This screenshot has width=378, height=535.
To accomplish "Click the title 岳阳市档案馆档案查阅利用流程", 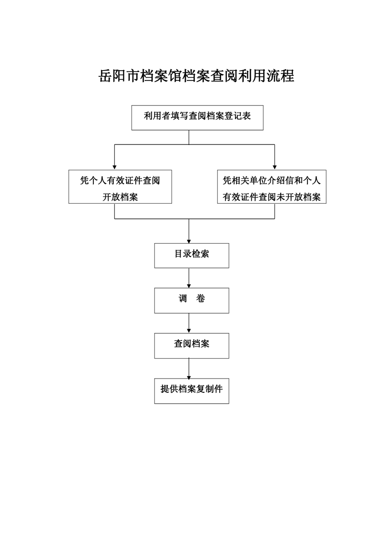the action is point(196,76).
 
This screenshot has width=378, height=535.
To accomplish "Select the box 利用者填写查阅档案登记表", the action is point(197,118).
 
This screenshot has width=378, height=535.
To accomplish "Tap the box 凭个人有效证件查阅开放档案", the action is point(120,186).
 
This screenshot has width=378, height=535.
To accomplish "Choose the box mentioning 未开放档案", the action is point(272,186).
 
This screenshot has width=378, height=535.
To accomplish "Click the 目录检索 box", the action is point(192,256).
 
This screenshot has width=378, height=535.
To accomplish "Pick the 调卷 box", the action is point(192,300).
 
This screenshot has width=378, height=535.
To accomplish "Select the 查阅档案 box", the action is point(192,346).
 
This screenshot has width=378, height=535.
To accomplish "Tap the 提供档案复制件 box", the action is point(192,391).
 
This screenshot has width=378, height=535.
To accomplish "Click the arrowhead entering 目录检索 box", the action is point(189,241).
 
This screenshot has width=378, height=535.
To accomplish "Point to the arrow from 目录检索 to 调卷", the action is point(189,278).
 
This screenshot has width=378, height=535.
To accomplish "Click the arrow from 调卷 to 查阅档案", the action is point(189,323).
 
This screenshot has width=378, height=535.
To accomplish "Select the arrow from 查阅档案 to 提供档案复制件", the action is point(189,369).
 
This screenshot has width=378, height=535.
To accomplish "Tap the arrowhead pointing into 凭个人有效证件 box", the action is point(114,167).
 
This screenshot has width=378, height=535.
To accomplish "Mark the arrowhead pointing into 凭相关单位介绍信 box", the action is point(275,167).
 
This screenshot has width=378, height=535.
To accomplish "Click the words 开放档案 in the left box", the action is point(120,197).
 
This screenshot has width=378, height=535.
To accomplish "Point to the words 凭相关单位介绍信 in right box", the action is point(254,181).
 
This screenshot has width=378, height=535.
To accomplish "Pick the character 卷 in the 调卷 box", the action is point(201,298).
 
